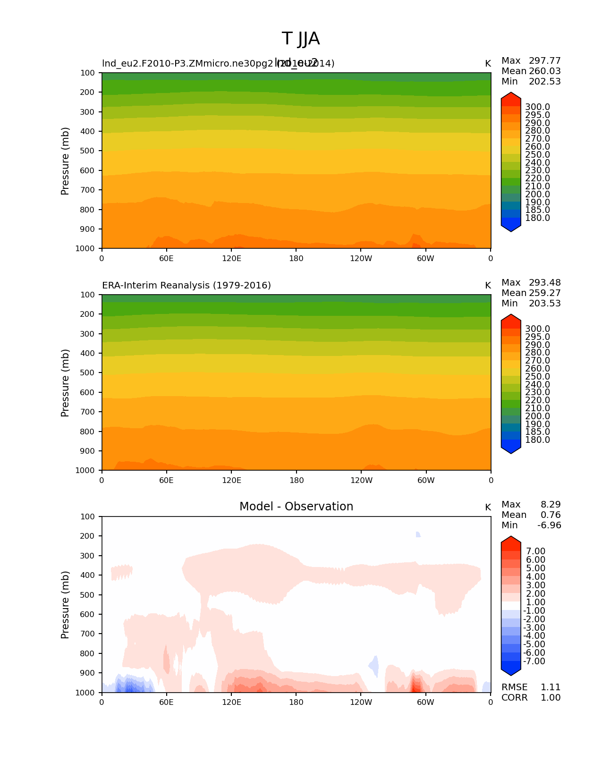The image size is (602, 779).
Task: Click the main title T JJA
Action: (x=301, y=39)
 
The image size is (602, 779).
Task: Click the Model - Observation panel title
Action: (x=296, y=507)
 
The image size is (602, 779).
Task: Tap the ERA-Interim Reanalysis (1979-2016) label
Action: (x=187, y=286)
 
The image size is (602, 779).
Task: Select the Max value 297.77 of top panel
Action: (x=544, y=61)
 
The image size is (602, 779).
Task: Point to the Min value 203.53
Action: (x=544, y=304)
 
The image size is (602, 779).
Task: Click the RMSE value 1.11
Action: (x=550, y=687)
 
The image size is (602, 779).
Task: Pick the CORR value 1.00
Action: (x=550, y=698)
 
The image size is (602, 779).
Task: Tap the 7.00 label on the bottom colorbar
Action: (x=535, y=551)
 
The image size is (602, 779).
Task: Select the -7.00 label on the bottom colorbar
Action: (x=534, y=661)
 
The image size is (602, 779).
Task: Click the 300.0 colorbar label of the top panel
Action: (x=537, y=107)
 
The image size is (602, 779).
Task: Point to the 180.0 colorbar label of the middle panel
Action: (x=537, y=440)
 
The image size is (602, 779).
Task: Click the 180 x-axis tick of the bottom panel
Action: (x=296, y=703)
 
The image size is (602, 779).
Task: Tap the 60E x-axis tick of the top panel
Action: (x=166, y=259)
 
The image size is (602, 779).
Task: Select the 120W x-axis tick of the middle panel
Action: (x=361, y=481)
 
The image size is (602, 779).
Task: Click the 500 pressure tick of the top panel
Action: (x=88, y=151)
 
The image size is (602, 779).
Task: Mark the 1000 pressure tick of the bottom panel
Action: (x=85, y=693)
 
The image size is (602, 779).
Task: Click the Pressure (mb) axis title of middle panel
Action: (x=65, y=383)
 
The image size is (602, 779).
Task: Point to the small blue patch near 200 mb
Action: (x=418, y=534)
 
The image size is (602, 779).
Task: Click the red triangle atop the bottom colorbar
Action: (x=511, y=543)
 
